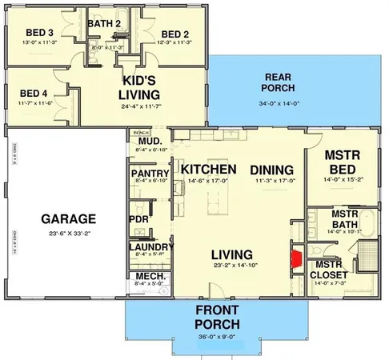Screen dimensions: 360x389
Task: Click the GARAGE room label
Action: [x=68, y=218]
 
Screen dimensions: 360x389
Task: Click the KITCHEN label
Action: [x=208, y=170]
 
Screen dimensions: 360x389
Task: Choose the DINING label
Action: [x=271, y=170]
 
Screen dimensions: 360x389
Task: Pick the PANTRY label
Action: [x=148, y=174]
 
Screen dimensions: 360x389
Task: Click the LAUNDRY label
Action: [x=150, y=247]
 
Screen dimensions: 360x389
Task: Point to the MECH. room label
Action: [x=146, y=276]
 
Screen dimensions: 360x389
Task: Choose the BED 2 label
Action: [x=174, y=33]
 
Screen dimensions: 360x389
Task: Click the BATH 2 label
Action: [x=104, y=24]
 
